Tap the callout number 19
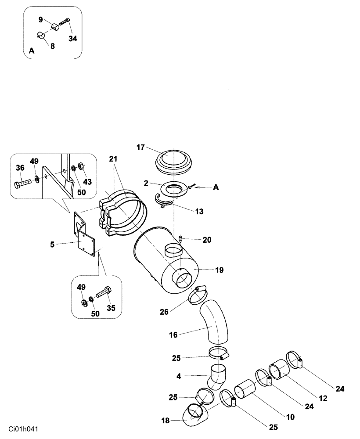click(x=219, y=270)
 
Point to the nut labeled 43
click(x=81, y=166)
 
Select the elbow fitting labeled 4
click(x=218, y=376)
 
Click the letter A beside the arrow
click(x=216, y=187)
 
